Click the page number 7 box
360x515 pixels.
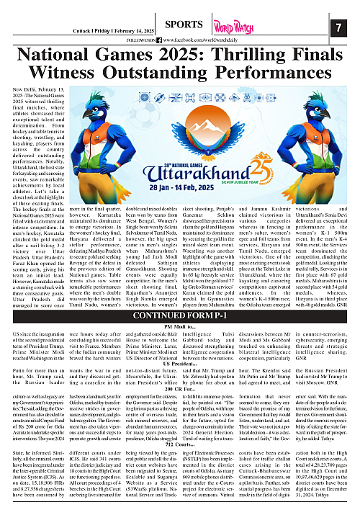[338, 27]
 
